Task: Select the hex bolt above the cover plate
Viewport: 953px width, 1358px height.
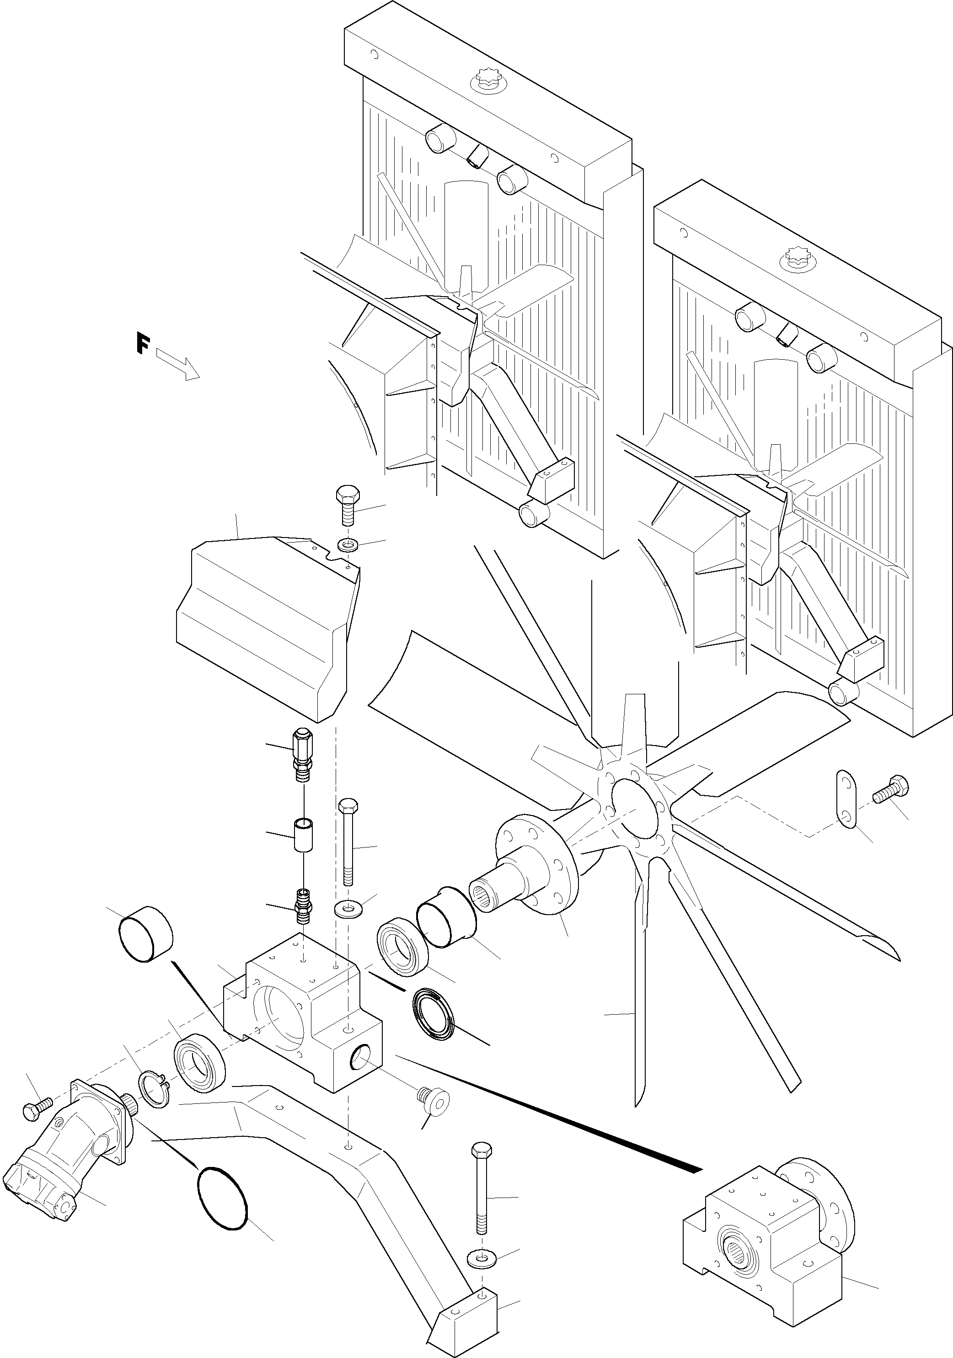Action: point(347,505)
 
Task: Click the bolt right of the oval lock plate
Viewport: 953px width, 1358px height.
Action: point(889,788)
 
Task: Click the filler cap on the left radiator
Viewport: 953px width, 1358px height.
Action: point(483,81)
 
